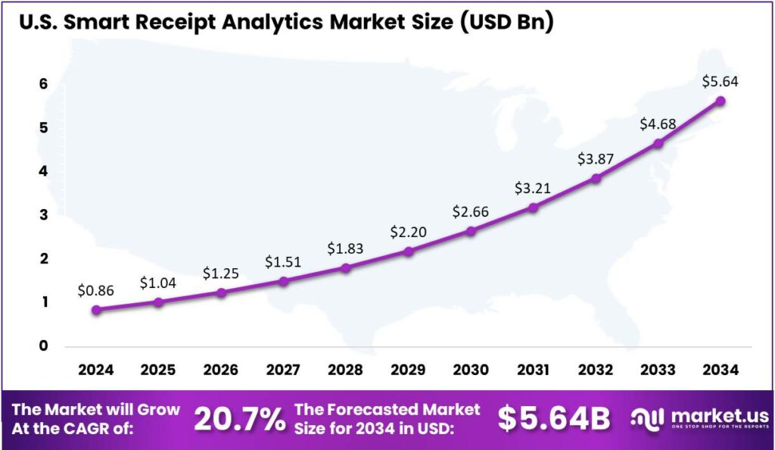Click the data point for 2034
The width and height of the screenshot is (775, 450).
pos(721,101)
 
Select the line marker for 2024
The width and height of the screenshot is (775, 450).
pos(95,309)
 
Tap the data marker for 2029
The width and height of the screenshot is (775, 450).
pos(408,251)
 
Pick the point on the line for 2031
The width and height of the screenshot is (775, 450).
pos(533,207)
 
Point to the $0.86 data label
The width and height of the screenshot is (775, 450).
pos(95,289)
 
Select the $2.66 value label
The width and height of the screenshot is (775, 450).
pos(470,211)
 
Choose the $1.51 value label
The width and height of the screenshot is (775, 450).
pos(283,262)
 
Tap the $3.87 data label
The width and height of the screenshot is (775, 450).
pos(595,159)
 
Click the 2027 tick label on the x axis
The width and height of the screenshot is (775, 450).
pos(283,370)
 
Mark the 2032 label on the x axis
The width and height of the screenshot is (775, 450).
pos(596,370)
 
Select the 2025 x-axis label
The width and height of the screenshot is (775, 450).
pos(158,370)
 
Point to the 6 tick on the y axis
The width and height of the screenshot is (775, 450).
pos(43,84)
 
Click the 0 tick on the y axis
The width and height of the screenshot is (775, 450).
pos(43,346)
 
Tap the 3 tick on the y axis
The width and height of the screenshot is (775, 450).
pos(43,215)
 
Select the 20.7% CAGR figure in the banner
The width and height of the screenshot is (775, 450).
pos(239,419)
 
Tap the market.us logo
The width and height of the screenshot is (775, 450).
pos(701,419)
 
